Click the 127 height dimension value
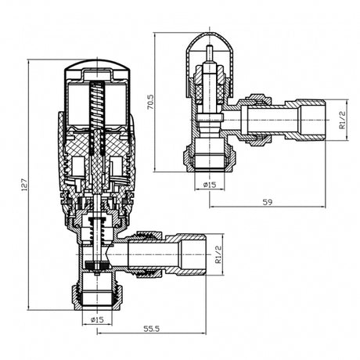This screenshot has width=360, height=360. [x=24, y=185]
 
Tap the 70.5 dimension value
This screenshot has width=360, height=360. [x=150, y=102]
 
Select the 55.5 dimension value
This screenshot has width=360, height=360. [x=151, y=329]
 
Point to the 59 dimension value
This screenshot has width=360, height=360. [x=267, y=202]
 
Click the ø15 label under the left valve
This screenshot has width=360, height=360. [x=97, y=319]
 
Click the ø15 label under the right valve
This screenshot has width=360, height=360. [x=210, y=185]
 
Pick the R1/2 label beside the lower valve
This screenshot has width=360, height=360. [x=218, y=254]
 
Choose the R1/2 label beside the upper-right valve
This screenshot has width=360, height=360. [x=342, y=120]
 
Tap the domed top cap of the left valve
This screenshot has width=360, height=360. [x=97, y=68]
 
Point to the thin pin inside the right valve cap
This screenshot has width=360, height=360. [x=210, y=53]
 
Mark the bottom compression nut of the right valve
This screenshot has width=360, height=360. [x=210, y=159]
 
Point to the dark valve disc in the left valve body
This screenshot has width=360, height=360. [x=97, y=265]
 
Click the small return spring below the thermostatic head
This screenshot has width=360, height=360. [x=97, y=229]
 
